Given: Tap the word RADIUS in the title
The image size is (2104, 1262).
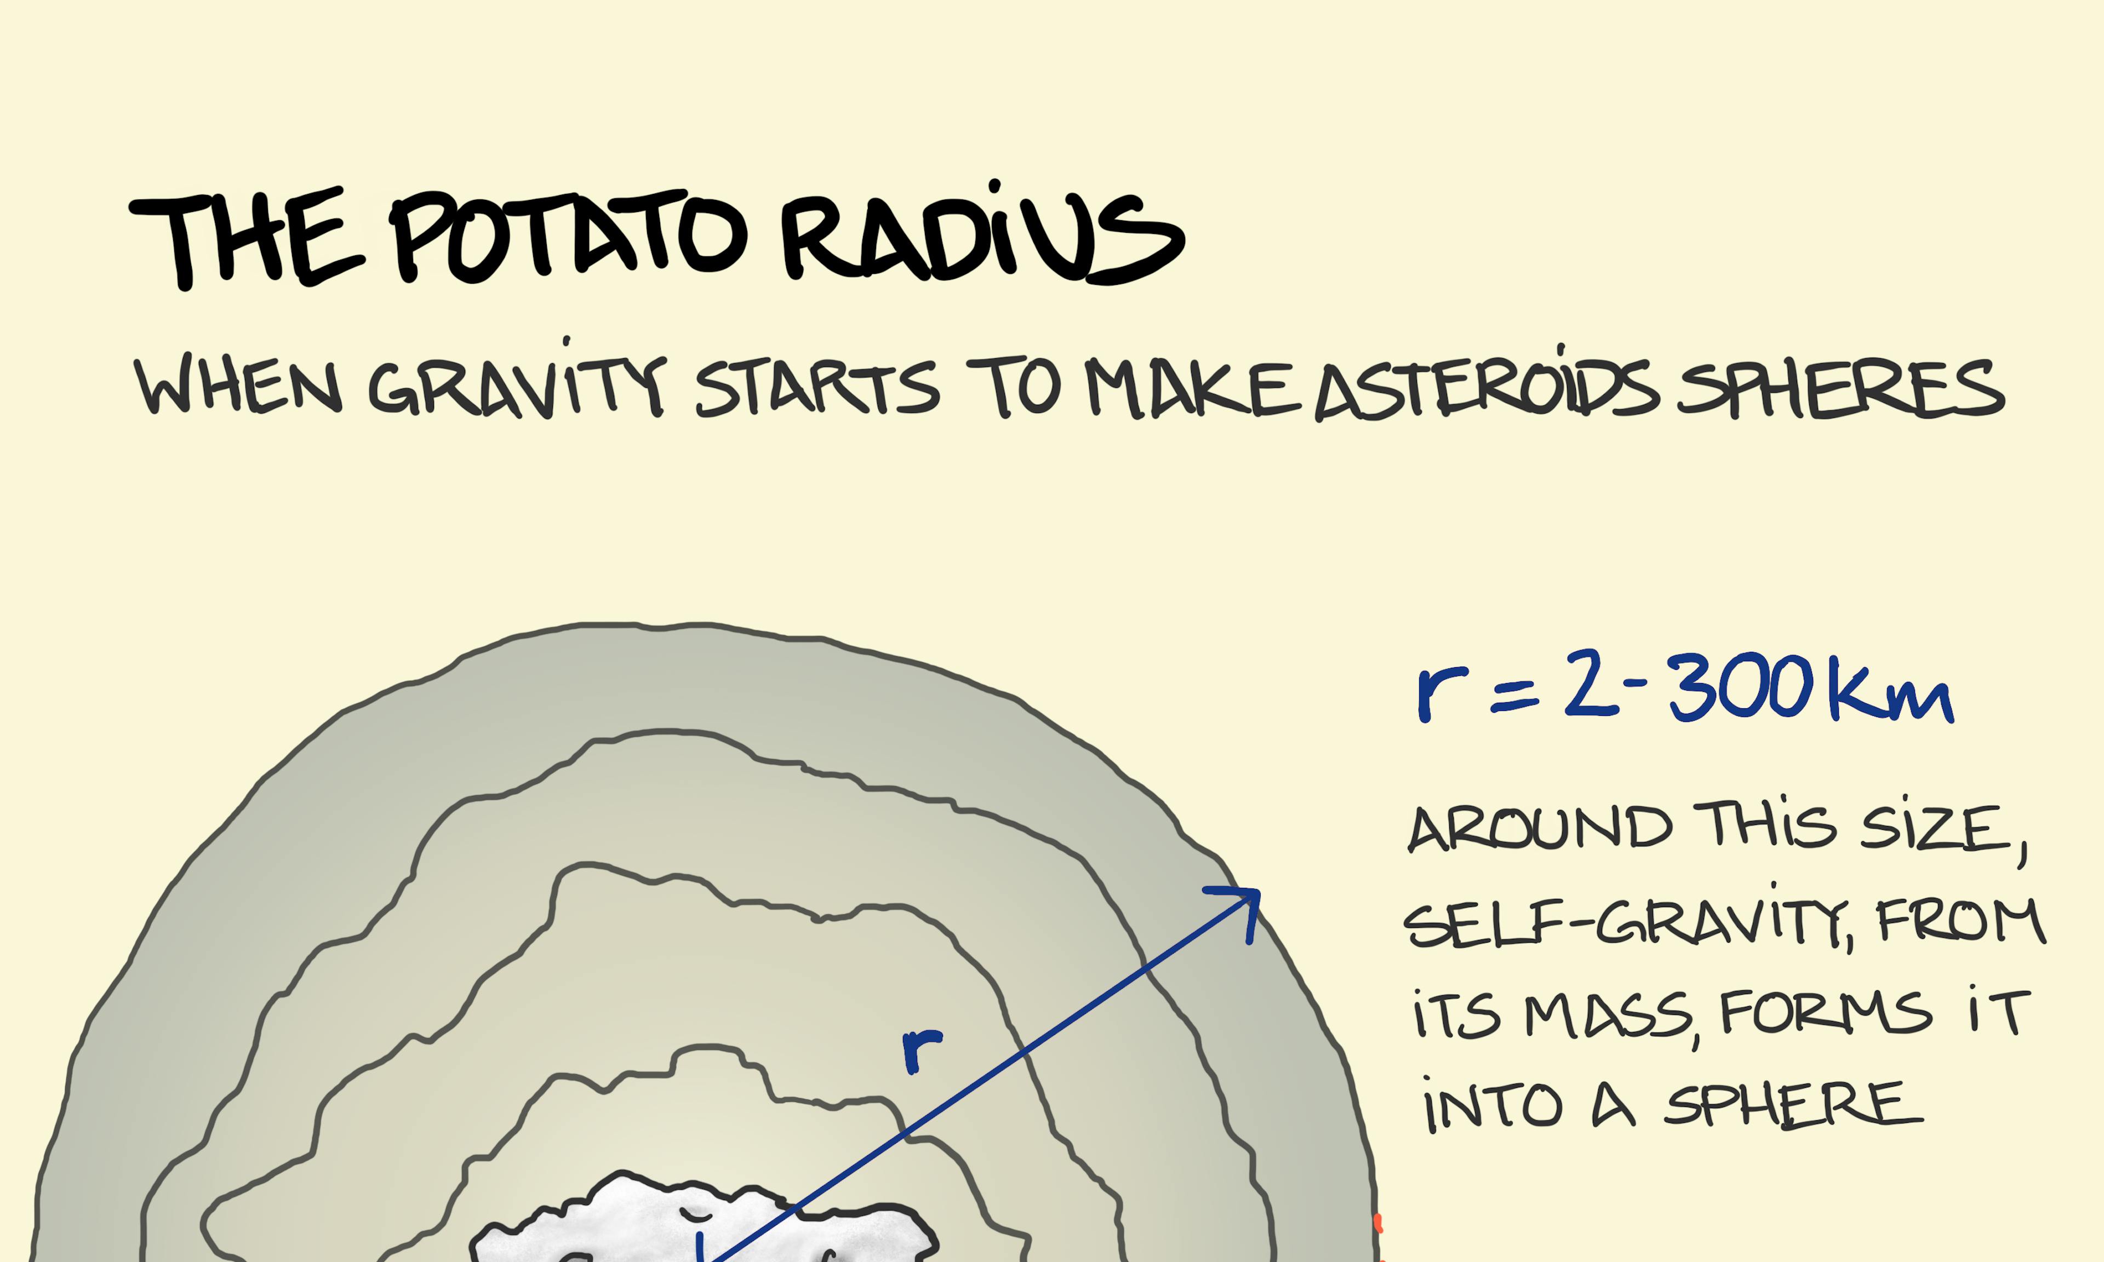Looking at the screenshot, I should tap(982, 234).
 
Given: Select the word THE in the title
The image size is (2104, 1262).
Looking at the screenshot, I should tap(247, 238).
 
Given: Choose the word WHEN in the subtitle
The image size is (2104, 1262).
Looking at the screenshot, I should tap(238, 387).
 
